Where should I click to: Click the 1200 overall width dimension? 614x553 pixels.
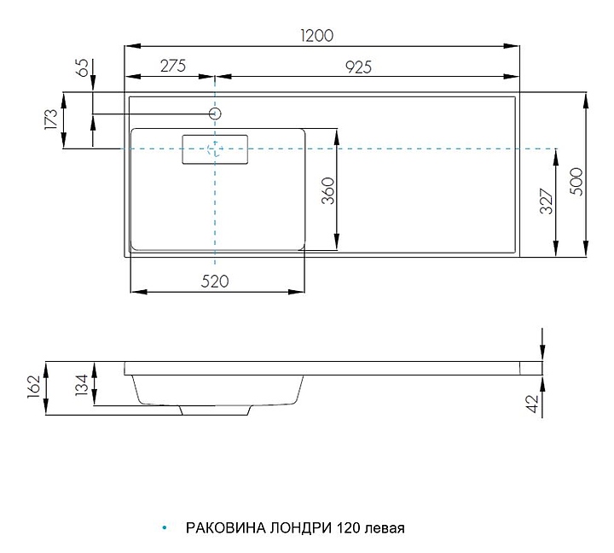click(x=316, y=35)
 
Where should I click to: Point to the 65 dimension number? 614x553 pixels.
click(x=83, y=68)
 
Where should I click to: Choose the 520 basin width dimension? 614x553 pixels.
click(x=217, y=282)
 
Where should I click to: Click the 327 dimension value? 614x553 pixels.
click(x=547, y=200)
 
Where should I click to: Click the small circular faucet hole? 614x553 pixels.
click(x=216, y=113)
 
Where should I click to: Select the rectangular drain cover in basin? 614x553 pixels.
click(x=216, y=148)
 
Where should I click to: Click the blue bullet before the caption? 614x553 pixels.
click(x=163, y=527)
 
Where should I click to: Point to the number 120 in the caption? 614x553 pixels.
click(x=348, y=527)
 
